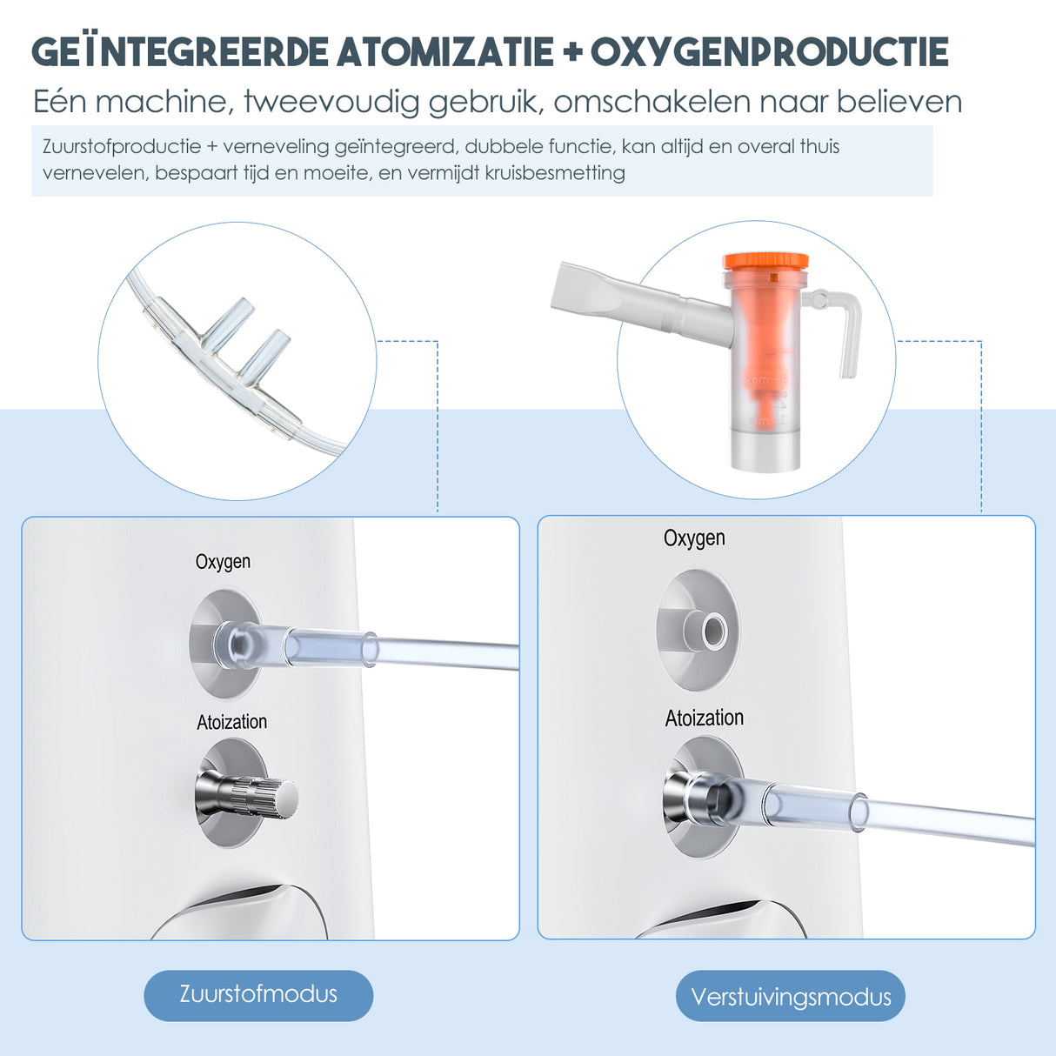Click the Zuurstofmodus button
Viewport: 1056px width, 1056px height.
coord(258,994)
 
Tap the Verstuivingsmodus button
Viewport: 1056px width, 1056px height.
coord(790,996)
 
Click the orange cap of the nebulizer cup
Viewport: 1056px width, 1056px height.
coord(765,260)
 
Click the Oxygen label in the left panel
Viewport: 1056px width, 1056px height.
coord(223,562)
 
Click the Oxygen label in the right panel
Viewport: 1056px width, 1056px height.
coord(694,538)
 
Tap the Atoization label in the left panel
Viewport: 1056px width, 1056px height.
coord(231,722)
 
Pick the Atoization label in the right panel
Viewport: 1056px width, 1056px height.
coord(704,718)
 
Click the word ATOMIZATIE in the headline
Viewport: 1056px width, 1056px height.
coord(445,52)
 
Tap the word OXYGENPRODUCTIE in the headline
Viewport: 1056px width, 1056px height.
coord(770,52)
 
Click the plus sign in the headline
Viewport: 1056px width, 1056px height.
coord(571,53)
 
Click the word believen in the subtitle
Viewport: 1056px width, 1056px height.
coord(899,102)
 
